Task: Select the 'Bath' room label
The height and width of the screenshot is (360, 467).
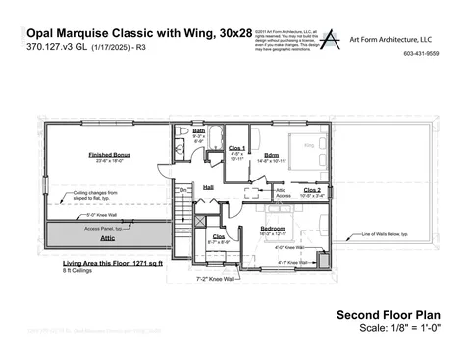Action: click(199, 130)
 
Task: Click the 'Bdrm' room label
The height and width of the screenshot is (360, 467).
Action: click(271, 155)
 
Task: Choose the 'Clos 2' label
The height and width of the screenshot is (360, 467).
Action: click(312, 189)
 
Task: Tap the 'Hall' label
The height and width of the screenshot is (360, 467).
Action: click(209, 186)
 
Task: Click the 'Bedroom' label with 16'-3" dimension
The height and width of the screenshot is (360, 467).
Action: click(272, 228)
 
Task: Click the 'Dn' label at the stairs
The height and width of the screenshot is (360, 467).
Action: click(183, 190)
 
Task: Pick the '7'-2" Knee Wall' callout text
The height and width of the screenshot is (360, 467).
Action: click(215, 279)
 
